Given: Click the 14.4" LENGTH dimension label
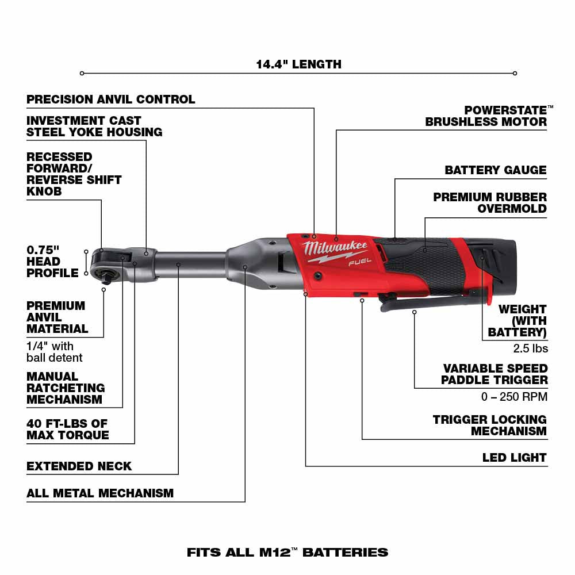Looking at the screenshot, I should pos(298,64).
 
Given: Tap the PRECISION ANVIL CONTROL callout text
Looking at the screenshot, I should pos(111,99).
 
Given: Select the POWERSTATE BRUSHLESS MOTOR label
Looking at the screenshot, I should pos(486,116).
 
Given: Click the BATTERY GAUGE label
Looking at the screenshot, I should pos(495,170).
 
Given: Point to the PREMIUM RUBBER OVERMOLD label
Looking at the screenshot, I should pos(490,202).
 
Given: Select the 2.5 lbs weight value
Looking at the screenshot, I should pos(530,348).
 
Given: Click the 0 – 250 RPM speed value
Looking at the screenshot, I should pos(514,397).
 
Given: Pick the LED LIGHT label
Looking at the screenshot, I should pos(514,458).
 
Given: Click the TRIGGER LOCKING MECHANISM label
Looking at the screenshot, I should pos(490,425).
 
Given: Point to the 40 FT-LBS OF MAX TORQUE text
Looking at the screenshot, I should pos(67,430).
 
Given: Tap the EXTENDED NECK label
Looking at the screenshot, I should pos(79,466).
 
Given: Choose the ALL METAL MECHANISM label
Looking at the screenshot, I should pos(100,493).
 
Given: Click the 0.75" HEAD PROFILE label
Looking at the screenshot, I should pos(52,262).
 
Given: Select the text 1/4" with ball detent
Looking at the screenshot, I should pos(55,352).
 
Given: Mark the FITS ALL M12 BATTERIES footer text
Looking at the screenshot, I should pos(287,553).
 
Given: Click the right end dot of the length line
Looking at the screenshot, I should pos(515,73).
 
